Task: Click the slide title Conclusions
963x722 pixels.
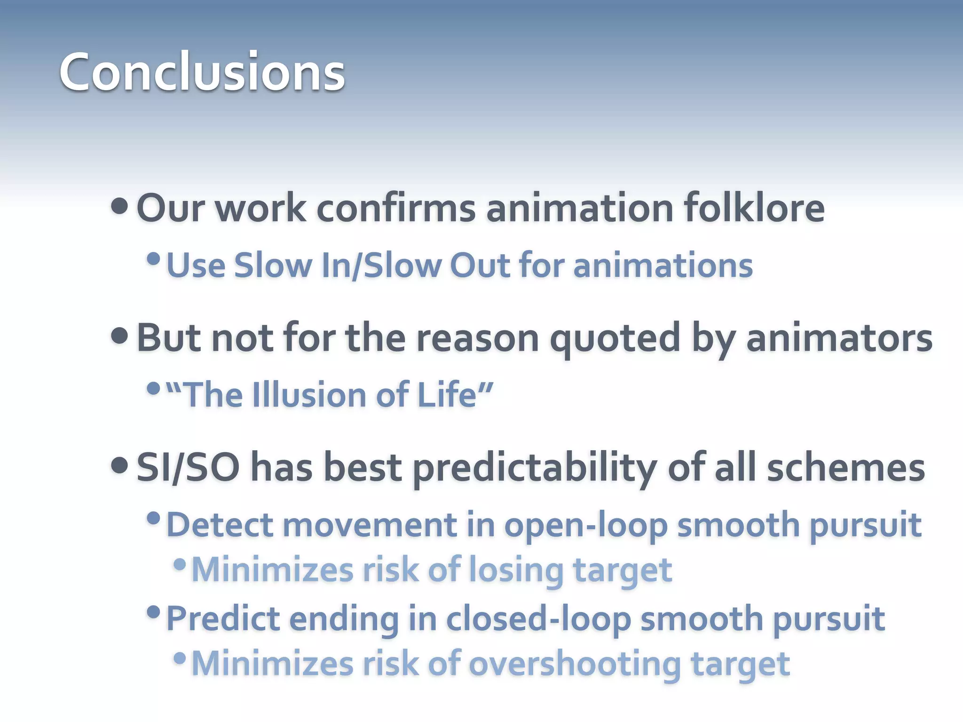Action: pos(202,72)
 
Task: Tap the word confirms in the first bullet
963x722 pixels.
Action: pos(396,208)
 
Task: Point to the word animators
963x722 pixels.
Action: pos(839,338)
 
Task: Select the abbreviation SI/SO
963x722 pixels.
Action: pos(188,468)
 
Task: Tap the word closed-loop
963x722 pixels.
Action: pos(538,620)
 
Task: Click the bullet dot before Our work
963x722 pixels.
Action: pos(120,206)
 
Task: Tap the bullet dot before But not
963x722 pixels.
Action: pos(120,336)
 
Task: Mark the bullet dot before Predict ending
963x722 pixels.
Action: pos(153,612)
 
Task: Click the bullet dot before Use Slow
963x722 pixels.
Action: pos(153,259)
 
